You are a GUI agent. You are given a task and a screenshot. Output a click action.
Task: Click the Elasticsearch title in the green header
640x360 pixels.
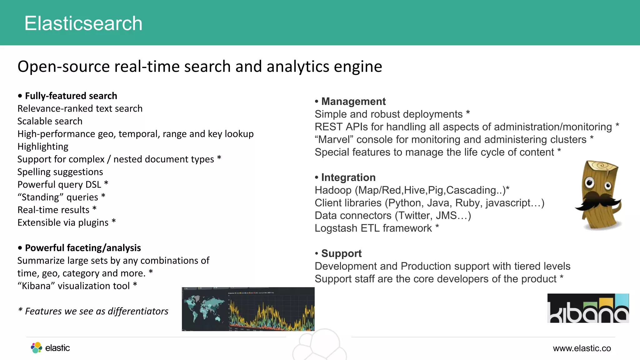pos(83,23)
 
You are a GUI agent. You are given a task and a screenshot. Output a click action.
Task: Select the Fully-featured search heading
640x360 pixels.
pos(71,96)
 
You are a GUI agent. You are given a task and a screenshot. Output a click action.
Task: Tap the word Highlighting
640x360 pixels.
pos(43,147)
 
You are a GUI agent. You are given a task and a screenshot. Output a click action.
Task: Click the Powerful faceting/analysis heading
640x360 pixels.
pos(83,248)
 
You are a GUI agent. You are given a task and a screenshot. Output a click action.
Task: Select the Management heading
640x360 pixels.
pos(353,102)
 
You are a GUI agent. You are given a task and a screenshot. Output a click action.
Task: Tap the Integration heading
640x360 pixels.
pos(348,177)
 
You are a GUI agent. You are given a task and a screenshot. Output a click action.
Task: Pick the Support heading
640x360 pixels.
pos(341,253)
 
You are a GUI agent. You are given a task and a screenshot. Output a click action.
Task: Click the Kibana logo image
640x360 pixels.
pos(588,308)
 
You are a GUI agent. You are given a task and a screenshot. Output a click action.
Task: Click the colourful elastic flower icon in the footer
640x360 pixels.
pos(37,347)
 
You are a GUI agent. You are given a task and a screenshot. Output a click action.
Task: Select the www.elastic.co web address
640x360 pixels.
pos(582,348)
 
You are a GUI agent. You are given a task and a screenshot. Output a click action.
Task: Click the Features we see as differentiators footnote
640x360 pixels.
pos(93,311)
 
